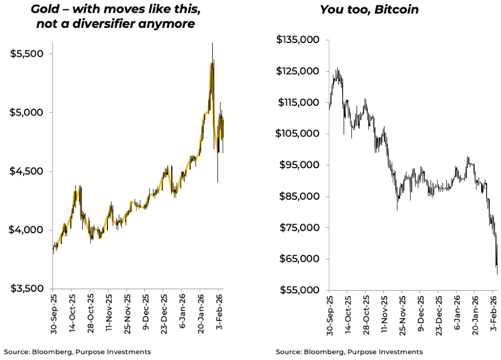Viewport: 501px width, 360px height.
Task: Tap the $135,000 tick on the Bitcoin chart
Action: pyautogui.click(x=297, y=40)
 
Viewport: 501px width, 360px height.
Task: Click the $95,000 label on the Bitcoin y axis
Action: pyautogui.click(x=300, y=165)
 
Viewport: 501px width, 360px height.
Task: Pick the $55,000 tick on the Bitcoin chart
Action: pyautogui.click(x=300, y=290)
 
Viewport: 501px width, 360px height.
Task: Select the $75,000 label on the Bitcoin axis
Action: pyautogui.click(x=300, y=228)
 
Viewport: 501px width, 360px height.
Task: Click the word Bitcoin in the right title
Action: pyautogui.click(x=397, y=9)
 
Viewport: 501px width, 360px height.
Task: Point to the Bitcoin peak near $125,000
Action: pyautogui.click(x=337, y=69)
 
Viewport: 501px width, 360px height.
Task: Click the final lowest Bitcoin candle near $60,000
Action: pyautogui.click(x=497, y=273)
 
